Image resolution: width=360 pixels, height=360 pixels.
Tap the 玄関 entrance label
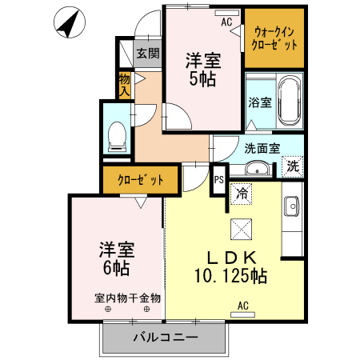(x=147, y=54)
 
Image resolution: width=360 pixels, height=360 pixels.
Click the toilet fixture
(x=117, y=134)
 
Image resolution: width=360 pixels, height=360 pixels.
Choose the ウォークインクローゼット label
(x=275, y=38)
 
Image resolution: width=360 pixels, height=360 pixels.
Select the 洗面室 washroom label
(x=262, y=148)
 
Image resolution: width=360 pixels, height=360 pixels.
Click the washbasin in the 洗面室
(x=257, y=169)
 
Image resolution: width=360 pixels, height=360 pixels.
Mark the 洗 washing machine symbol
(x=294, y=168)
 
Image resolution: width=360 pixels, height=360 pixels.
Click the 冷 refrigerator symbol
(x=242, y=193)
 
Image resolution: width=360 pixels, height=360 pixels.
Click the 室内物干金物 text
(x=128, y=298)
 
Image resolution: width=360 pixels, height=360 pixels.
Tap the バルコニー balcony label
(x=165, y=339)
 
